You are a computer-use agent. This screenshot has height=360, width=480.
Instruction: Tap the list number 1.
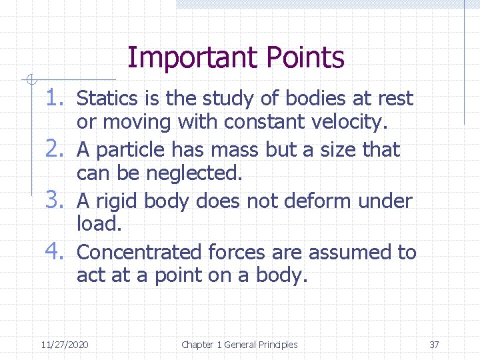(58, 99)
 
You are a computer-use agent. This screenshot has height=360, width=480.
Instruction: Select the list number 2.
(58, 149)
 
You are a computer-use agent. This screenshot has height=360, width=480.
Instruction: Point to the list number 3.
(58, 200)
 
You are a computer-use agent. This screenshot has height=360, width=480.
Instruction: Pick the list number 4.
(58, 252)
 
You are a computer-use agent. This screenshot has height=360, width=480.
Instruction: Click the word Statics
(103, 99)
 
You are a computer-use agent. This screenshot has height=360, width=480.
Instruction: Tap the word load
(99, 224)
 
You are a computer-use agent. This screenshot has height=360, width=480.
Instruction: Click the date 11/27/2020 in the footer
(64, 345)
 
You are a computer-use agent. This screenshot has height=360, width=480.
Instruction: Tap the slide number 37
(434, 345)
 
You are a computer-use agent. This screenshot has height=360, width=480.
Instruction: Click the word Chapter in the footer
(197, 345)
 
